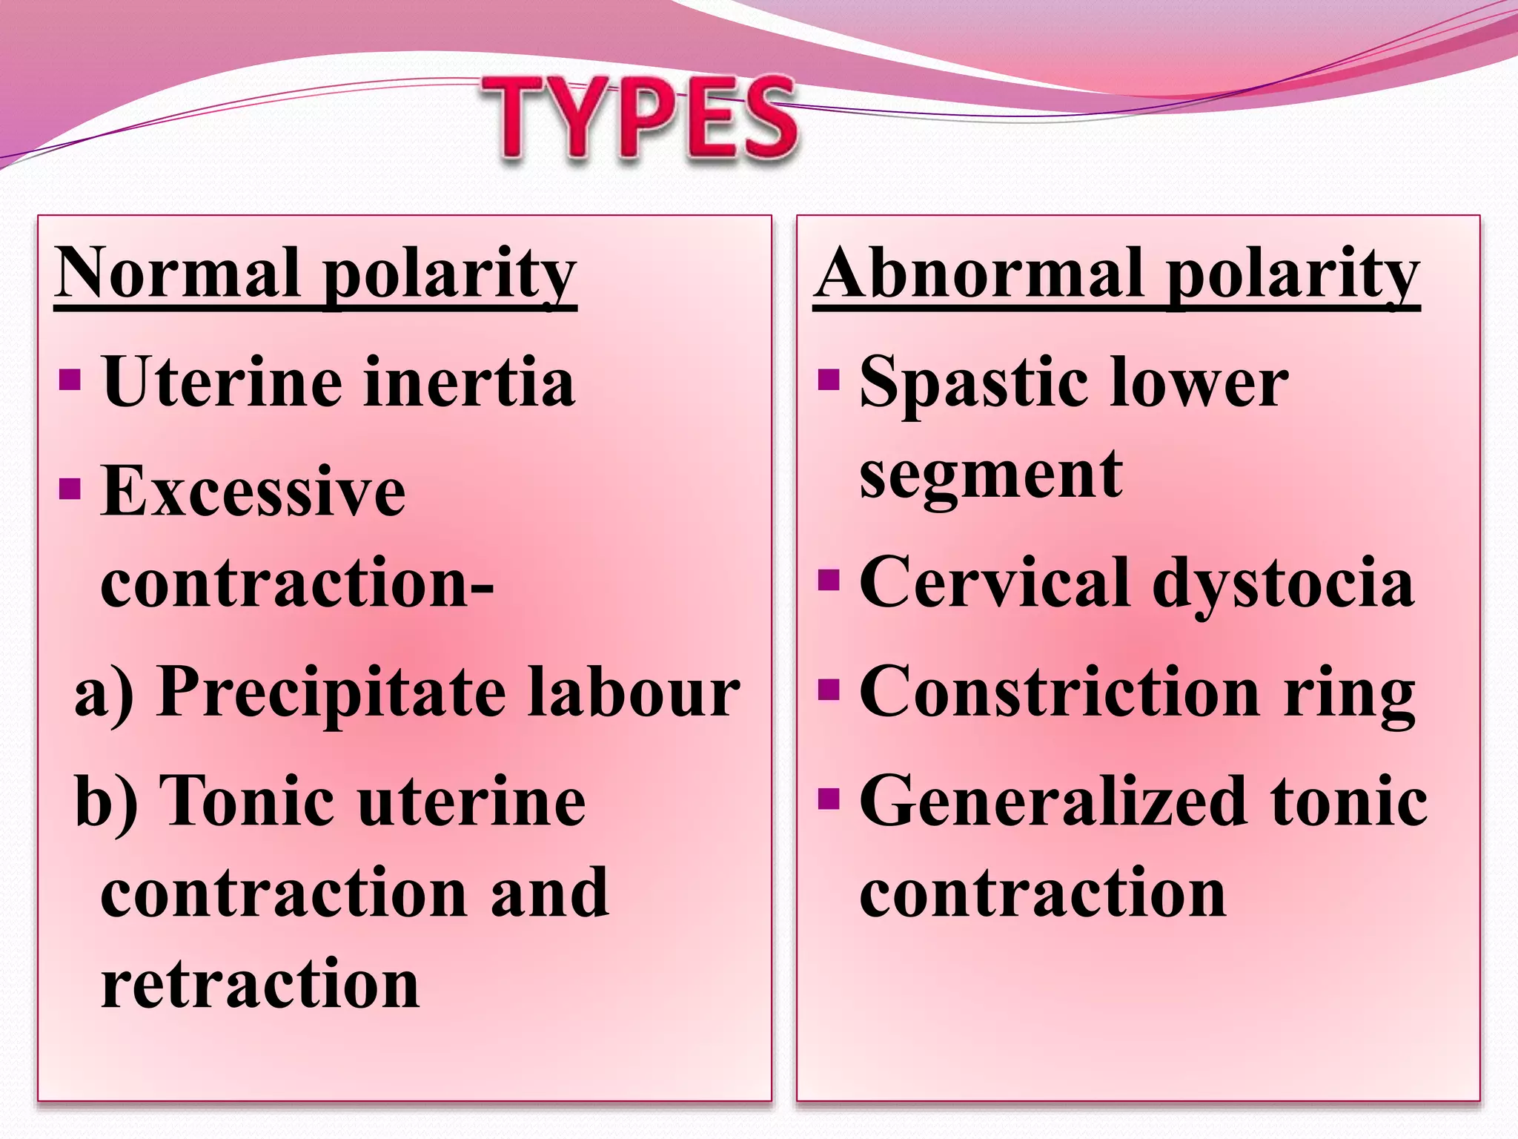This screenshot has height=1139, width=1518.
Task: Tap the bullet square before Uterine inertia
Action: click(x=70, y=380)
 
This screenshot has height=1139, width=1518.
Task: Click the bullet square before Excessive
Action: click(x=70, y=489)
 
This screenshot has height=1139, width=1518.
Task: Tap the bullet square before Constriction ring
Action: click(x=829, y=690)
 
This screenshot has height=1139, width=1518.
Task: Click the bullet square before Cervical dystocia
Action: click(x=829, y=579)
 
